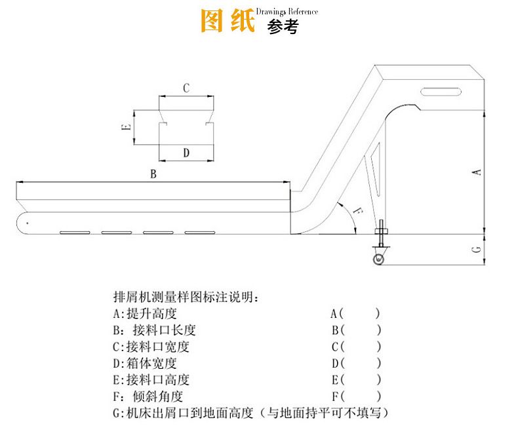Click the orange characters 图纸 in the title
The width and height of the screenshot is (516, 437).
[x=227, y=21]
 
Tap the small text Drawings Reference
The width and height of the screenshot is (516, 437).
[x=288, y=12]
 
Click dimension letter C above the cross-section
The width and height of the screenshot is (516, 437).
[x=186, y=88]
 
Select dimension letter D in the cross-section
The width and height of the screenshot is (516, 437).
[x=186, y=153]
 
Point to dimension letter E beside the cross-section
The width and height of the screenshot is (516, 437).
[x=127, y=128]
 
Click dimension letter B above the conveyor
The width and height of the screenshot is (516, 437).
[x=153, y=174]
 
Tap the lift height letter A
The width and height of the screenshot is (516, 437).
[x=477, y=172]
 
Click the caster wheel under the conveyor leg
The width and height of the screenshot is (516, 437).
[x=380, y=260]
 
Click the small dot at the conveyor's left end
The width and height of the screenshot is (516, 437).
[x=28, y=224]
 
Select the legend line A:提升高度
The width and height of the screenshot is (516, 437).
[x=145, y=313]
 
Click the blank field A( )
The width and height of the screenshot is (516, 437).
[x=355, y=313]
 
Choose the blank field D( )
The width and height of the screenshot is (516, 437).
[x=356, y=363]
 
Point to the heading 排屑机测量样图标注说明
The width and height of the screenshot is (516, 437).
[x=186, y=296]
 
